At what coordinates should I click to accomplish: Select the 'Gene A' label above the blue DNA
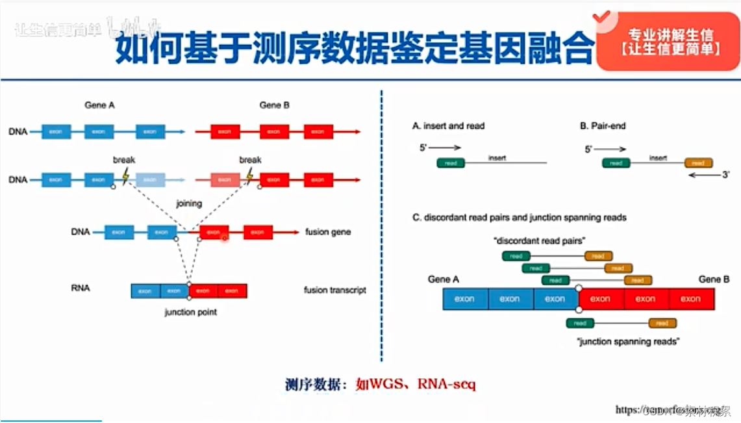(99, 105)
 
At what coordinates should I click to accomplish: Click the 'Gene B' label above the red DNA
(274, 105)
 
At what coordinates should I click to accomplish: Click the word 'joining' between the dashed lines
(189, 203)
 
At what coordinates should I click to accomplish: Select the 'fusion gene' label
(328, 232)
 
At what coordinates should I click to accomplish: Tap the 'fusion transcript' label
(334, 290)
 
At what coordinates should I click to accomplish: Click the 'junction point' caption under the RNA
(190, 313)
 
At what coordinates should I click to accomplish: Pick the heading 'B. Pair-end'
(603, 125)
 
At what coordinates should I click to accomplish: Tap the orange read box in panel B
(697, 163)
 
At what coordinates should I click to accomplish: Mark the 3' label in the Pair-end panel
(727, 175)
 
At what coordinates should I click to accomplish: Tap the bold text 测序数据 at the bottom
(314, 385)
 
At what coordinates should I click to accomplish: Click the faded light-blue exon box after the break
(150, 179)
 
